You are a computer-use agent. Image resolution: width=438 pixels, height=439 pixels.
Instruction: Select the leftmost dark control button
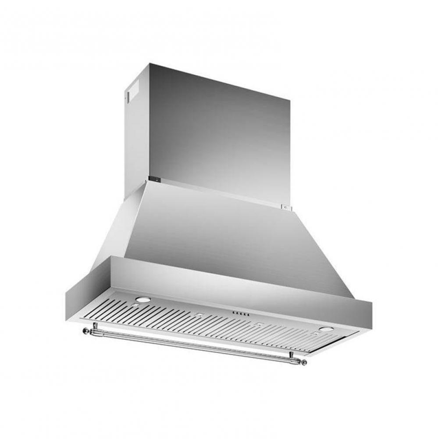coord(233,312)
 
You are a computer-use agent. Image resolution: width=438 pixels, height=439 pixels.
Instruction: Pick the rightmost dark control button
coord(249,314)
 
